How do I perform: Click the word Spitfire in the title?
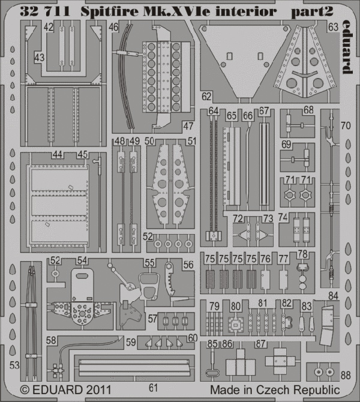109,11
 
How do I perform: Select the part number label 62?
206,97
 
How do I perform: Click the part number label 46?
113,27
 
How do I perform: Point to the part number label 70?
346,125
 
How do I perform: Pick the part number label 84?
333,296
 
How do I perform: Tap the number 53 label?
14,365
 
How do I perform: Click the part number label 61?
153,388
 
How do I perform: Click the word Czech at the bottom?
274,389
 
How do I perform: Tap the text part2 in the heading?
312,12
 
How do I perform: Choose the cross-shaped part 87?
280,361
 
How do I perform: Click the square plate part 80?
235,325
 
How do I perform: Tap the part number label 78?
302,254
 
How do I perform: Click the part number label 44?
58,154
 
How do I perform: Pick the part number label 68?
308,110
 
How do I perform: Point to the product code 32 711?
45,11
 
